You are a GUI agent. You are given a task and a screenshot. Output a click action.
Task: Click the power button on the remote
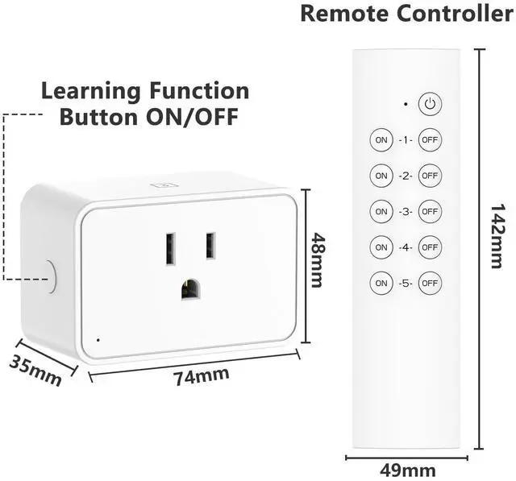[430, 104]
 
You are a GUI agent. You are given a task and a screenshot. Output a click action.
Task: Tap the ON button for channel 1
[381, 139]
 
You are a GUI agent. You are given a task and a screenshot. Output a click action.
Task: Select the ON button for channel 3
[381, 211]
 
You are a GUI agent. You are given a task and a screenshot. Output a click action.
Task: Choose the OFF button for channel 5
[430, 283]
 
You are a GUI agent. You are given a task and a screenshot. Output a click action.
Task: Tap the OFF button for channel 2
[430, 175]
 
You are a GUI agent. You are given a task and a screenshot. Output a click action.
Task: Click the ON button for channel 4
[381, 247]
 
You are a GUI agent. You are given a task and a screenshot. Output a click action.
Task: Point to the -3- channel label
[405, 211]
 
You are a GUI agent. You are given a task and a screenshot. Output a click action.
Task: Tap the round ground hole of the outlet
[191, 289]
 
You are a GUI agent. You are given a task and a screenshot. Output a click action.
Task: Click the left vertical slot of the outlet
[171, 247]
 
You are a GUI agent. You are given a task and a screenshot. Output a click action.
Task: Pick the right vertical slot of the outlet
[210, 246]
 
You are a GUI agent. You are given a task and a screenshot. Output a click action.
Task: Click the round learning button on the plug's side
[51, 276]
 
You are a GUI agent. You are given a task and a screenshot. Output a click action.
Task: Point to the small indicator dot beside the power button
[405, 104]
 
